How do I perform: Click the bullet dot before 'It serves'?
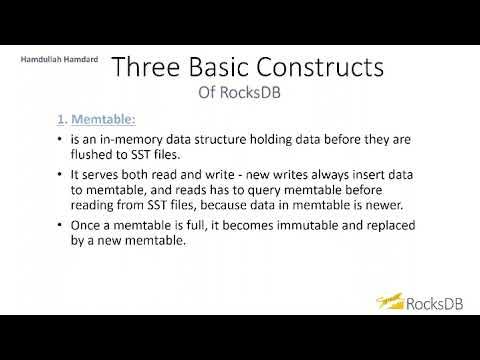click(x=61, y=175)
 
